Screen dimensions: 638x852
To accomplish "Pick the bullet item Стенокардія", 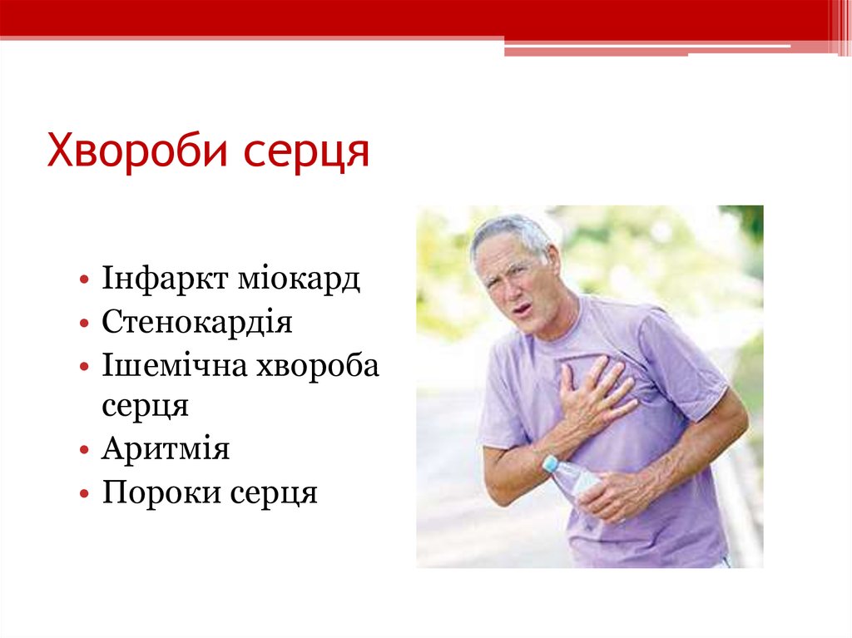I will [x=197, y=322].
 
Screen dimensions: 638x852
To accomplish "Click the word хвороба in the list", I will [x=319, y=365].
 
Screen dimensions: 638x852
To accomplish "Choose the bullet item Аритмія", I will [x=166, y=450].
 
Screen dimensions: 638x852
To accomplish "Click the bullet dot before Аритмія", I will [x=87, y=451].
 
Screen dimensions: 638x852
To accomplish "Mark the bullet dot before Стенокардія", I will [x=87, y=323].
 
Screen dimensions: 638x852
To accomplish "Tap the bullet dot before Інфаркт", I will [x=87, y=279].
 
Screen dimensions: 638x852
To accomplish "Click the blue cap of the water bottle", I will [x=550, y=463].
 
